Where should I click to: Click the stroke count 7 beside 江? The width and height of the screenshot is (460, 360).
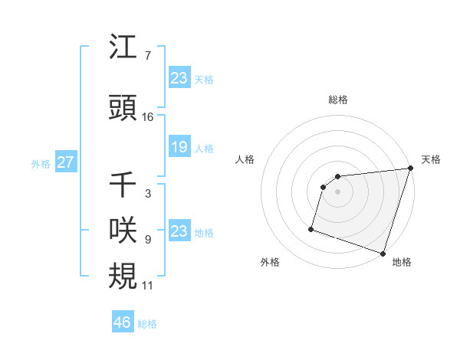(147, 56)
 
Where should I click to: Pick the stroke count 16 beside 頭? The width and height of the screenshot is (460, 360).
(148, 116)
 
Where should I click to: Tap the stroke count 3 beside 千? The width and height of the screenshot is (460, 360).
(147, 195)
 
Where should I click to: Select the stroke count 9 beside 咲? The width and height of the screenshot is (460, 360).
(147, 238)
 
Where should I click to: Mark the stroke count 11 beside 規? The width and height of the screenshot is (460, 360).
(148, 285)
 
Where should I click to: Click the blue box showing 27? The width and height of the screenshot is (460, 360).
(65, 162)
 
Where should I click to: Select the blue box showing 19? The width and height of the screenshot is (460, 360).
(179, 147)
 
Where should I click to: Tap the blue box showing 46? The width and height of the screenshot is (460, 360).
(122, 322)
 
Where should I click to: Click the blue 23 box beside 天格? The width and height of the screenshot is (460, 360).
(179, 77)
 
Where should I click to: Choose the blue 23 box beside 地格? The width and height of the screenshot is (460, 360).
(179, 231)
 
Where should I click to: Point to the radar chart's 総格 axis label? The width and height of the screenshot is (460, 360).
(338, 100)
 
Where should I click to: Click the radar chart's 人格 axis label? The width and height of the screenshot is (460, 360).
(245, 159)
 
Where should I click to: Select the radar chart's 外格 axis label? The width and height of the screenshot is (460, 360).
(270, 262)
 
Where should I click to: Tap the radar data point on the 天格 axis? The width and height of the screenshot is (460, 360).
(410, 169)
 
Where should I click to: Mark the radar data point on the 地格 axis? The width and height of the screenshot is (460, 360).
(383, 253)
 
